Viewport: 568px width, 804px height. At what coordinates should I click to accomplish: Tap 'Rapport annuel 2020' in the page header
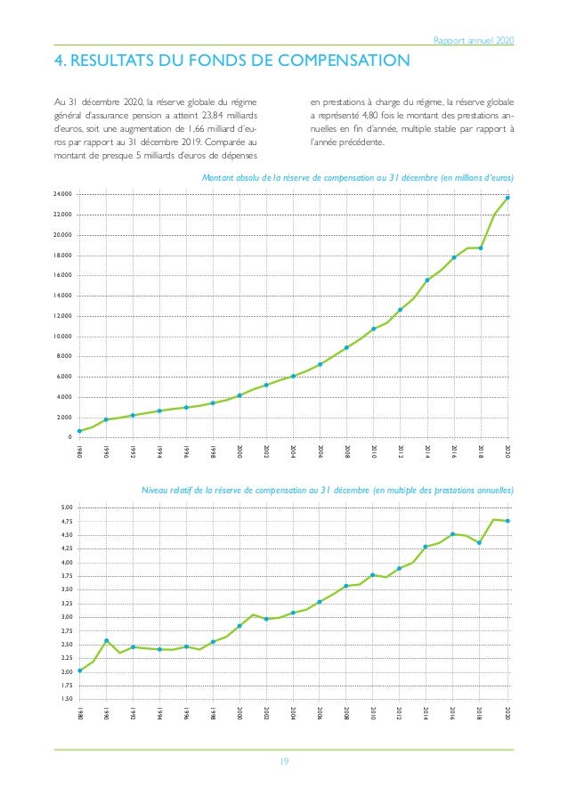point(473,40)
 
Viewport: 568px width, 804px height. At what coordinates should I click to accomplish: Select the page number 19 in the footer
point(284,761)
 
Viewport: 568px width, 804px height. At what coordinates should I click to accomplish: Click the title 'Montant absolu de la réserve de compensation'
point(358,178)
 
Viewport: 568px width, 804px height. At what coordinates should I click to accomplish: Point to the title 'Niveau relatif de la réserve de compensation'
point(328,491)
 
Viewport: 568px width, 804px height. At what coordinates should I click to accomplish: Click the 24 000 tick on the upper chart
point(61,195)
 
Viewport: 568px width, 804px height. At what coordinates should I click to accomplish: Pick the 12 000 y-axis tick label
point(61,316)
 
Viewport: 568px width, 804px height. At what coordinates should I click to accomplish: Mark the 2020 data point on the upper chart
point(507,198)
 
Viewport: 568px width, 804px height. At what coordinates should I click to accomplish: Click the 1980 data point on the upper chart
point(80,432)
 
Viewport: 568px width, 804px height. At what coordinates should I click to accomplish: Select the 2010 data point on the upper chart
point(374,329)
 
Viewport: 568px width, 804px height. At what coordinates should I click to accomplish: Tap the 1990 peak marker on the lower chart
point(107,640)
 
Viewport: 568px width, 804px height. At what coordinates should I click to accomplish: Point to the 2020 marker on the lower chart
point(507,521)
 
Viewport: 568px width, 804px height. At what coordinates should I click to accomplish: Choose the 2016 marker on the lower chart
point(453,534)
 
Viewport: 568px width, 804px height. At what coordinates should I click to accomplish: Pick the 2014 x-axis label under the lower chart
point(426,714)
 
